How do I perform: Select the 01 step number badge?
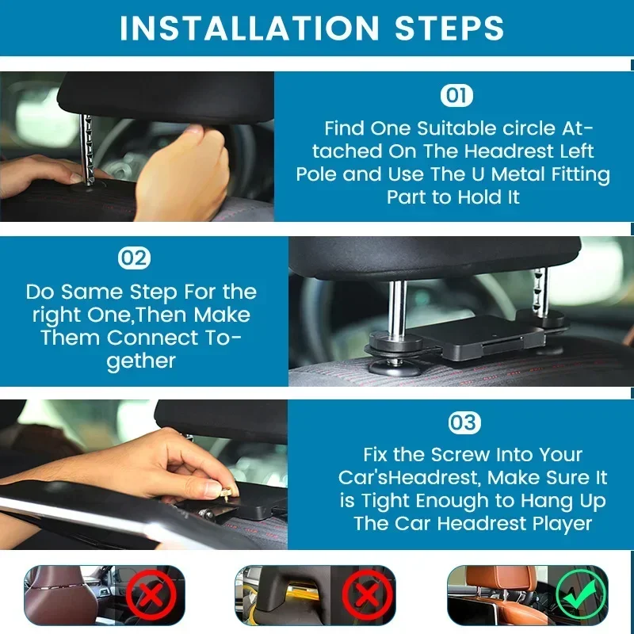click(x=456, y=97)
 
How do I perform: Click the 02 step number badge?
click(x=134, y=258)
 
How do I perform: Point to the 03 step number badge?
click(x=462, y=422)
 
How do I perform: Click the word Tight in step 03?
click(x=393, y=501)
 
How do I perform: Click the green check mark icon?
click(x=580, y=594)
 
